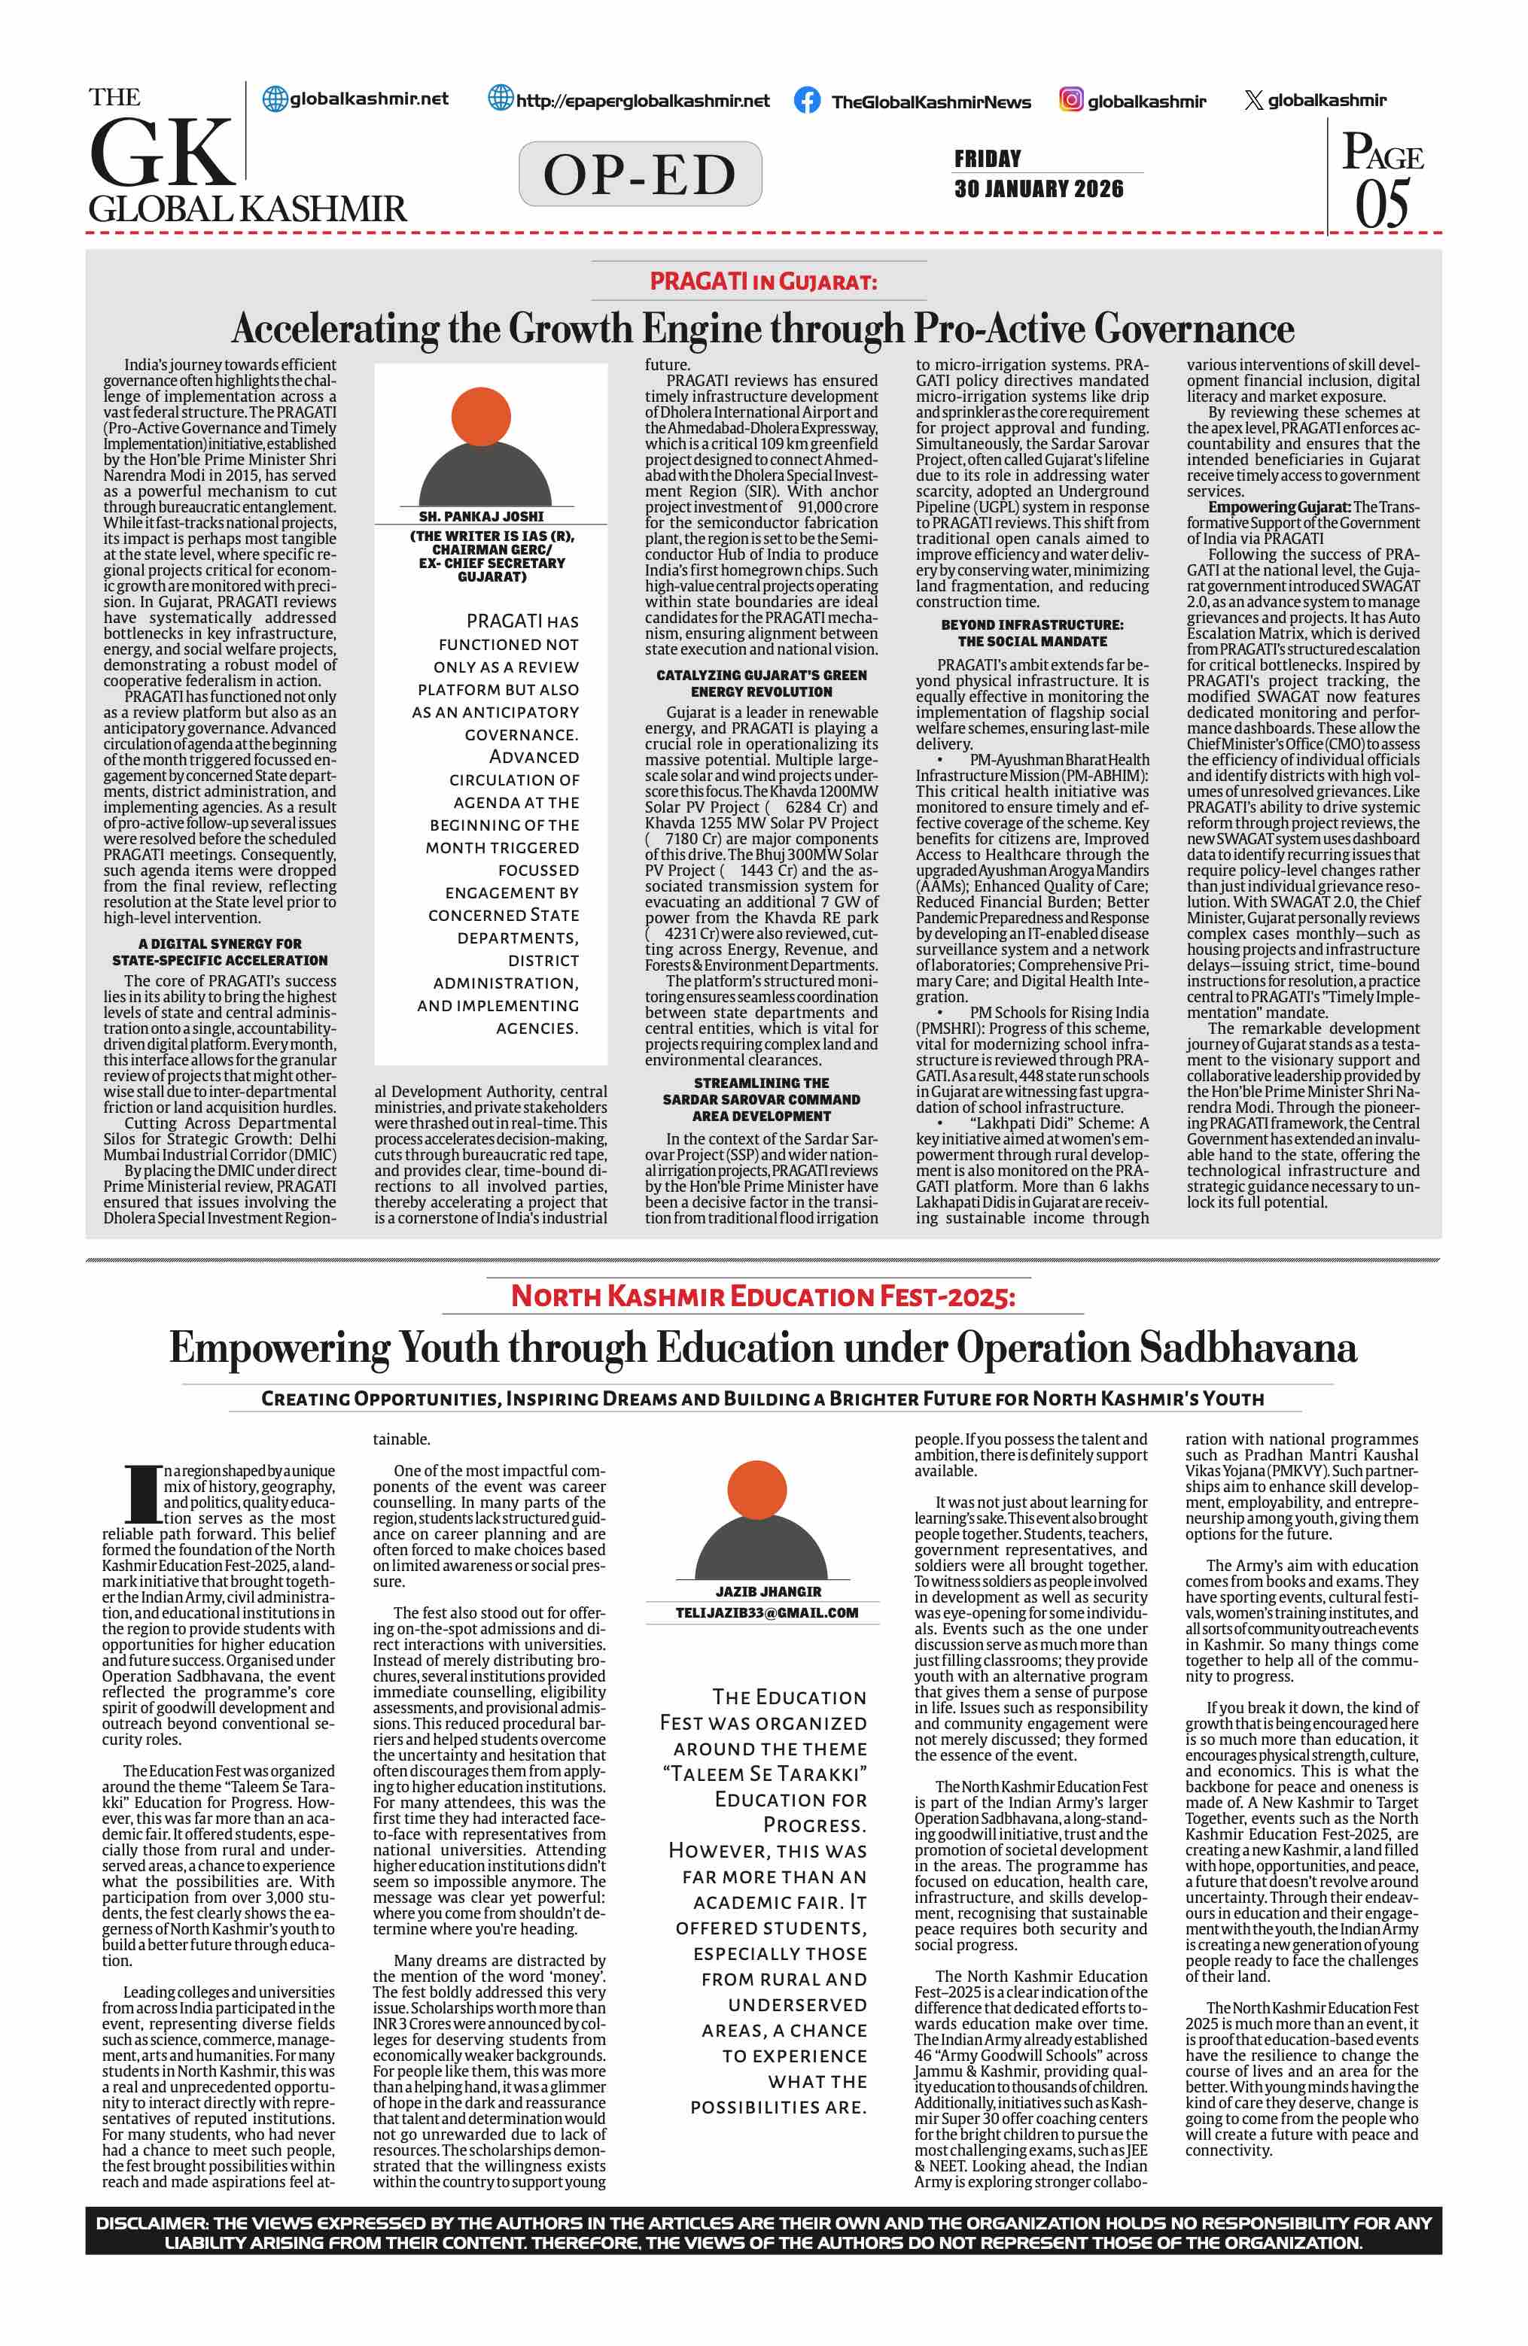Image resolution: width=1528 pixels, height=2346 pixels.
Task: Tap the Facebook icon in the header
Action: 806,99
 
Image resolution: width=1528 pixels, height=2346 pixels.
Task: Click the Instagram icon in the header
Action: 1070,99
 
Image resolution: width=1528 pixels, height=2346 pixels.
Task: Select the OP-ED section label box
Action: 640,175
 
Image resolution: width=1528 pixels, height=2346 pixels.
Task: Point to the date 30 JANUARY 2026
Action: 1038,188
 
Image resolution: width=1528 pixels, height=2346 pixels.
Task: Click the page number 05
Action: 1382,205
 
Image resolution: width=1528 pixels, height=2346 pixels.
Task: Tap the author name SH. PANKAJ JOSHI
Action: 481,515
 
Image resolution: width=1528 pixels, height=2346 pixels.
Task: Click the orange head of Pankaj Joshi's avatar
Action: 480,415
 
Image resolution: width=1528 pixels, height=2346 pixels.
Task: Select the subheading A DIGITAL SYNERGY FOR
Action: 220,944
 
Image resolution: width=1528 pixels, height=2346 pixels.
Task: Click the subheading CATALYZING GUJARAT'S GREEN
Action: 761,675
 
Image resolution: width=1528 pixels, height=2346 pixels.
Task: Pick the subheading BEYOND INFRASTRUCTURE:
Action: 1031,625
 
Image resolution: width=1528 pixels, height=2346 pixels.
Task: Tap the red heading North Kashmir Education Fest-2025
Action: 762,1296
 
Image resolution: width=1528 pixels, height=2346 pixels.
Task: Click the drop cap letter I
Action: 142,1495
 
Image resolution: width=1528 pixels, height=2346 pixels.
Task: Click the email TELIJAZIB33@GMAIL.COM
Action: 766,1612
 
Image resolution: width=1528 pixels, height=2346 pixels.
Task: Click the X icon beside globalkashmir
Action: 1253,99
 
